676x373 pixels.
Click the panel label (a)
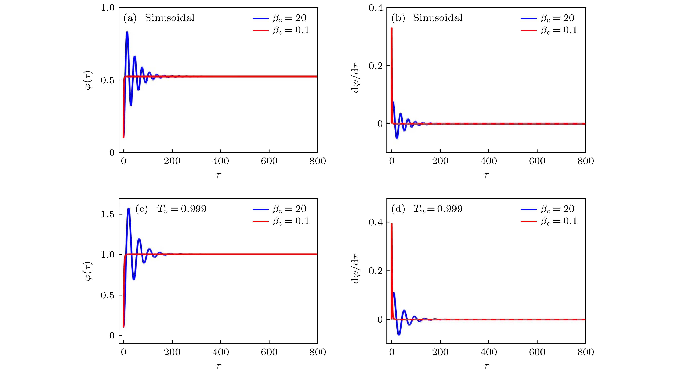(x=130, y=18)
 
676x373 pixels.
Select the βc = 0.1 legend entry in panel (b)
(x=549, y=30)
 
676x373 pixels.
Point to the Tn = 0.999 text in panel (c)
(x=182, y=209)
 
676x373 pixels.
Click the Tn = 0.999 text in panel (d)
(x=438, y=209)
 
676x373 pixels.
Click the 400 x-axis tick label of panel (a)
(x=221, y=161)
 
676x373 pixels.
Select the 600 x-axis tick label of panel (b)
(x=537, y=161)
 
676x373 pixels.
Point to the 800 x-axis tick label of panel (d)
(x=585, y=352)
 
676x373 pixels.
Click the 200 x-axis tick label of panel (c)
(x=172, y=352)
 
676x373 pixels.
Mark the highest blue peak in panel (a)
(x=127, y=32)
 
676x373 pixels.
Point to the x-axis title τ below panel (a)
(x=218, y=175)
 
